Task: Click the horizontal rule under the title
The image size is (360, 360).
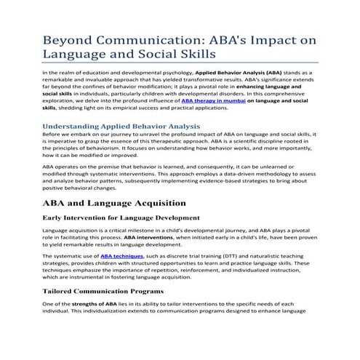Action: click(x=180, y=63)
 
